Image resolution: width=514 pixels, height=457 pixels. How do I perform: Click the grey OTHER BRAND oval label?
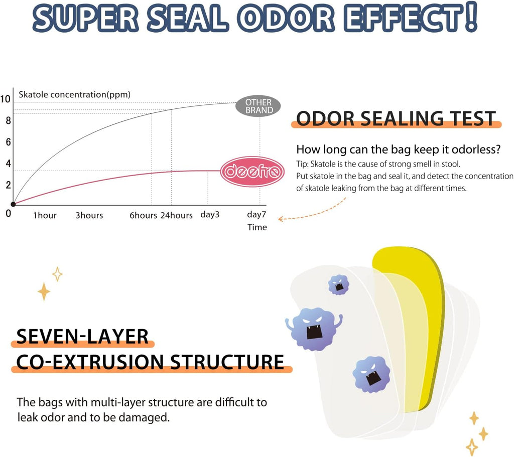click(259, 106)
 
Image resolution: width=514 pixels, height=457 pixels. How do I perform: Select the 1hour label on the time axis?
click(45, 216)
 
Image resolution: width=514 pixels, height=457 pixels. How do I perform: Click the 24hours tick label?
click(176, 216)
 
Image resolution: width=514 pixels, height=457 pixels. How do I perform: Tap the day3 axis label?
click(210, 215)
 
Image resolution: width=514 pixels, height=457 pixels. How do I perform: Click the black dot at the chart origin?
click(13, 204)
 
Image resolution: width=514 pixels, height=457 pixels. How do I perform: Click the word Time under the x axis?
click(257, 227)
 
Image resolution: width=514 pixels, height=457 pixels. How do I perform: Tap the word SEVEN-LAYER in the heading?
click(83, 337)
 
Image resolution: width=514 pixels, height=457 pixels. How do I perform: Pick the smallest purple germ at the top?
click(339, 284)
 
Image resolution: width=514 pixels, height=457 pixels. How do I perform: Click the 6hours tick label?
click(144, 216)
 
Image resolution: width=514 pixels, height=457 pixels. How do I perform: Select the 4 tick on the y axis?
click(8, 164)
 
